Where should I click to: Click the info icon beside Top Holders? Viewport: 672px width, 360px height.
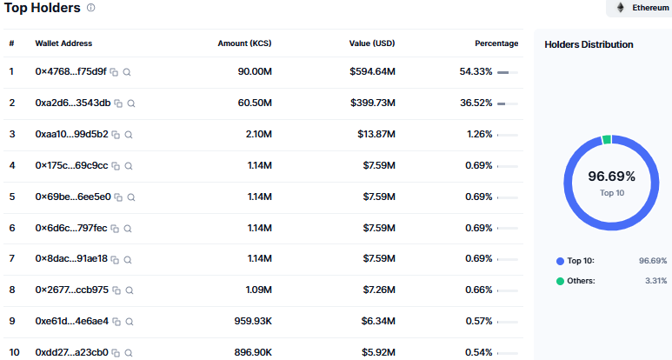[x=91, y=8]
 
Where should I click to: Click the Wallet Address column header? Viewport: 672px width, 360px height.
[x=63, y=43]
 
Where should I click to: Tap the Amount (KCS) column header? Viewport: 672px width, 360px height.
[x=244, y=43]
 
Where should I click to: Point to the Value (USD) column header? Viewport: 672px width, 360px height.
[x=372, y=43]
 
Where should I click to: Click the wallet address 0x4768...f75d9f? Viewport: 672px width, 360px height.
[x=70, y=71]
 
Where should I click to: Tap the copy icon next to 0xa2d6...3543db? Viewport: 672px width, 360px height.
[x=118, y=103]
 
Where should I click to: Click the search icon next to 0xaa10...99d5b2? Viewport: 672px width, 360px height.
[x=129, y=135]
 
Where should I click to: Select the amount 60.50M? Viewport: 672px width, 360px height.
[x=255, y=103]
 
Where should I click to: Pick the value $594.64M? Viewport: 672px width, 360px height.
[x=372, y=71]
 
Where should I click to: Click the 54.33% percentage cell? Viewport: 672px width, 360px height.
[x=476, y=71]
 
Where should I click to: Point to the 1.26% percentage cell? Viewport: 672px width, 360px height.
[x=480, y=134]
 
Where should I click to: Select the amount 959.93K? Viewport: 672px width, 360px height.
[x=253, y=321]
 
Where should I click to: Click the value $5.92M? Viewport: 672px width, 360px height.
[x=378, y=352]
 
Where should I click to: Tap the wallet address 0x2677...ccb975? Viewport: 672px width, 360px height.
[x=71, y=290]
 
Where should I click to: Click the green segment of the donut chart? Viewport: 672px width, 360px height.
[x=607, y=140]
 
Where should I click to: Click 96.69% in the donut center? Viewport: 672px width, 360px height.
[x=611, y=177]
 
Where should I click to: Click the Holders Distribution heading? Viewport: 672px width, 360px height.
[x=589, y=44]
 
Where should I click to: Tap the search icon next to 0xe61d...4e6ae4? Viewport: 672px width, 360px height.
[x=130, y=322]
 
